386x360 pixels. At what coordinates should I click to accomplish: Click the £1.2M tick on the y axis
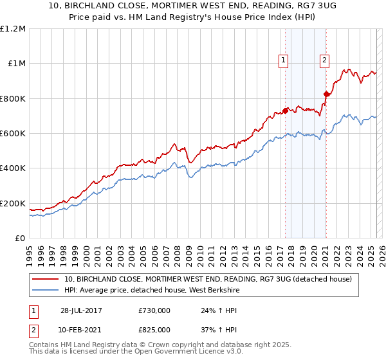[x=12, y=28]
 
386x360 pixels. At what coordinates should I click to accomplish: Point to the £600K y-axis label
[x=12, y=134]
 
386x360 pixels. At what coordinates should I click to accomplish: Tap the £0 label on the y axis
[x=20, y=239]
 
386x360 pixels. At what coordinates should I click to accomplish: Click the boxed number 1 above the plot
[x=284, y=61]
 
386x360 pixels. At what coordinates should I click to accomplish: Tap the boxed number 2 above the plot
[x=324, y=61]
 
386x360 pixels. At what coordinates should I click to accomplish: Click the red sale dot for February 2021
[x=326, y=94]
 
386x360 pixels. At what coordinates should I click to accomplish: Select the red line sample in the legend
[x=46, y=280]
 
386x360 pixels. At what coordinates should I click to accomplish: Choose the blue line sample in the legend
[x=46, y=291]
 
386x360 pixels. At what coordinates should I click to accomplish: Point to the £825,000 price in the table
[x=154, y=328]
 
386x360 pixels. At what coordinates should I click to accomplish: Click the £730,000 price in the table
[x=154, y=310]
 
